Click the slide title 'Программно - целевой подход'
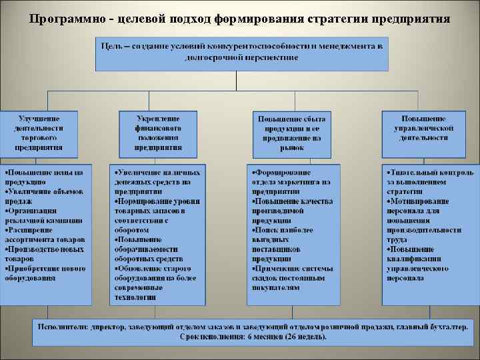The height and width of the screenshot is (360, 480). point(240,18)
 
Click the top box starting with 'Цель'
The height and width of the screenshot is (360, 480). point(241,52)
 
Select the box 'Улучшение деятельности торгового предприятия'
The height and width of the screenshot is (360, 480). point(40,133)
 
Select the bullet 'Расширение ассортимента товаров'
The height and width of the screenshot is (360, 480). point(45,234)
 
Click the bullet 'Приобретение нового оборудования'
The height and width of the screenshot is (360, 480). point(45,273)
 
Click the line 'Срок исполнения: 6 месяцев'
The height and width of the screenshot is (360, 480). point(253,337)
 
